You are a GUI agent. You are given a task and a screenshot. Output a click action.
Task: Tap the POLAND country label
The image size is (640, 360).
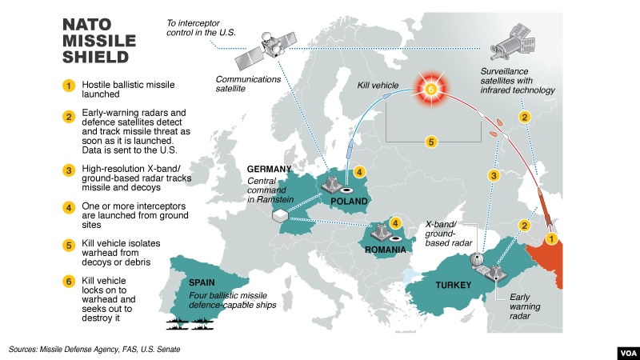click(348, 201)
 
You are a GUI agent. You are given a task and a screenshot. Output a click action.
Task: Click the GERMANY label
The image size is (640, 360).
click(270, 170)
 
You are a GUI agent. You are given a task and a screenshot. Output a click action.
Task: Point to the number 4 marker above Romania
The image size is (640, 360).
click(394, 223)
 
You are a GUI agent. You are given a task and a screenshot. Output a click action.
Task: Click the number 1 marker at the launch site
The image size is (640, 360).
click(550, 238)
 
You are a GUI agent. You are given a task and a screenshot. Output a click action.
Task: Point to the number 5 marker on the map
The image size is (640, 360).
click(431, 142)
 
